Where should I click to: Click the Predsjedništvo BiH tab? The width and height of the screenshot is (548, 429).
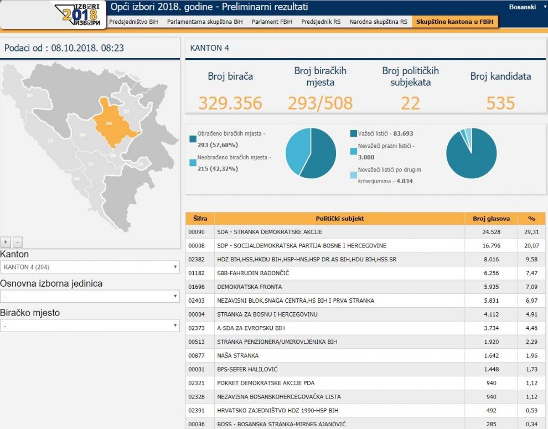point(133,22)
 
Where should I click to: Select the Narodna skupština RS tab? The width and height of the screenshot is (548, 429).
point(378,22)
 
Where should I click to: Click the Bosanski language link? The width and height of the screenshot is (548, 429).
point(522,7)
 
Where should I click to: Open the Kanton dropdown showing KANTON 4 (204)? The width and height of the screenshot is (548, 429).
point(90,267)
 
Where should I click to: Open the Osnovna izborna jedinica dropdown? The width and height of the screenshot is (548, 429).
point(90,297)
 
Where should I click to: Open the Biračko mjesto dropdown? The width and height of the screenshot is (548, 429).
point(90,326)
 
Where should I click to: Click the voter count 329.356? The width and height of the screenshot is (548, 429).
point(230,103)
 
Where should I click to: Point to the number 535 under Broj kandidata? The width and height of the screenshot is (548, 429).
point(500,103)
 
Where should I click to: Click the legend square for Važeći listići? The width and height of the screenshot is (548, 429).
point(353,133)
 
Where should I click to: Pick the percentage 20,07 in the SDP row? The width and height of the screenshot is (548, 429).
point(531,246)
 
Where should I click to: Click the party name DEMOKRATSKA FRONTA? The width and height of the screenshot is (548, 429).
point(250,287)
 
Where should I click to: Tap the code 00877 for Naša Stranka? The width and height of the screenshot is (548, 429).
point(197,355)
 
